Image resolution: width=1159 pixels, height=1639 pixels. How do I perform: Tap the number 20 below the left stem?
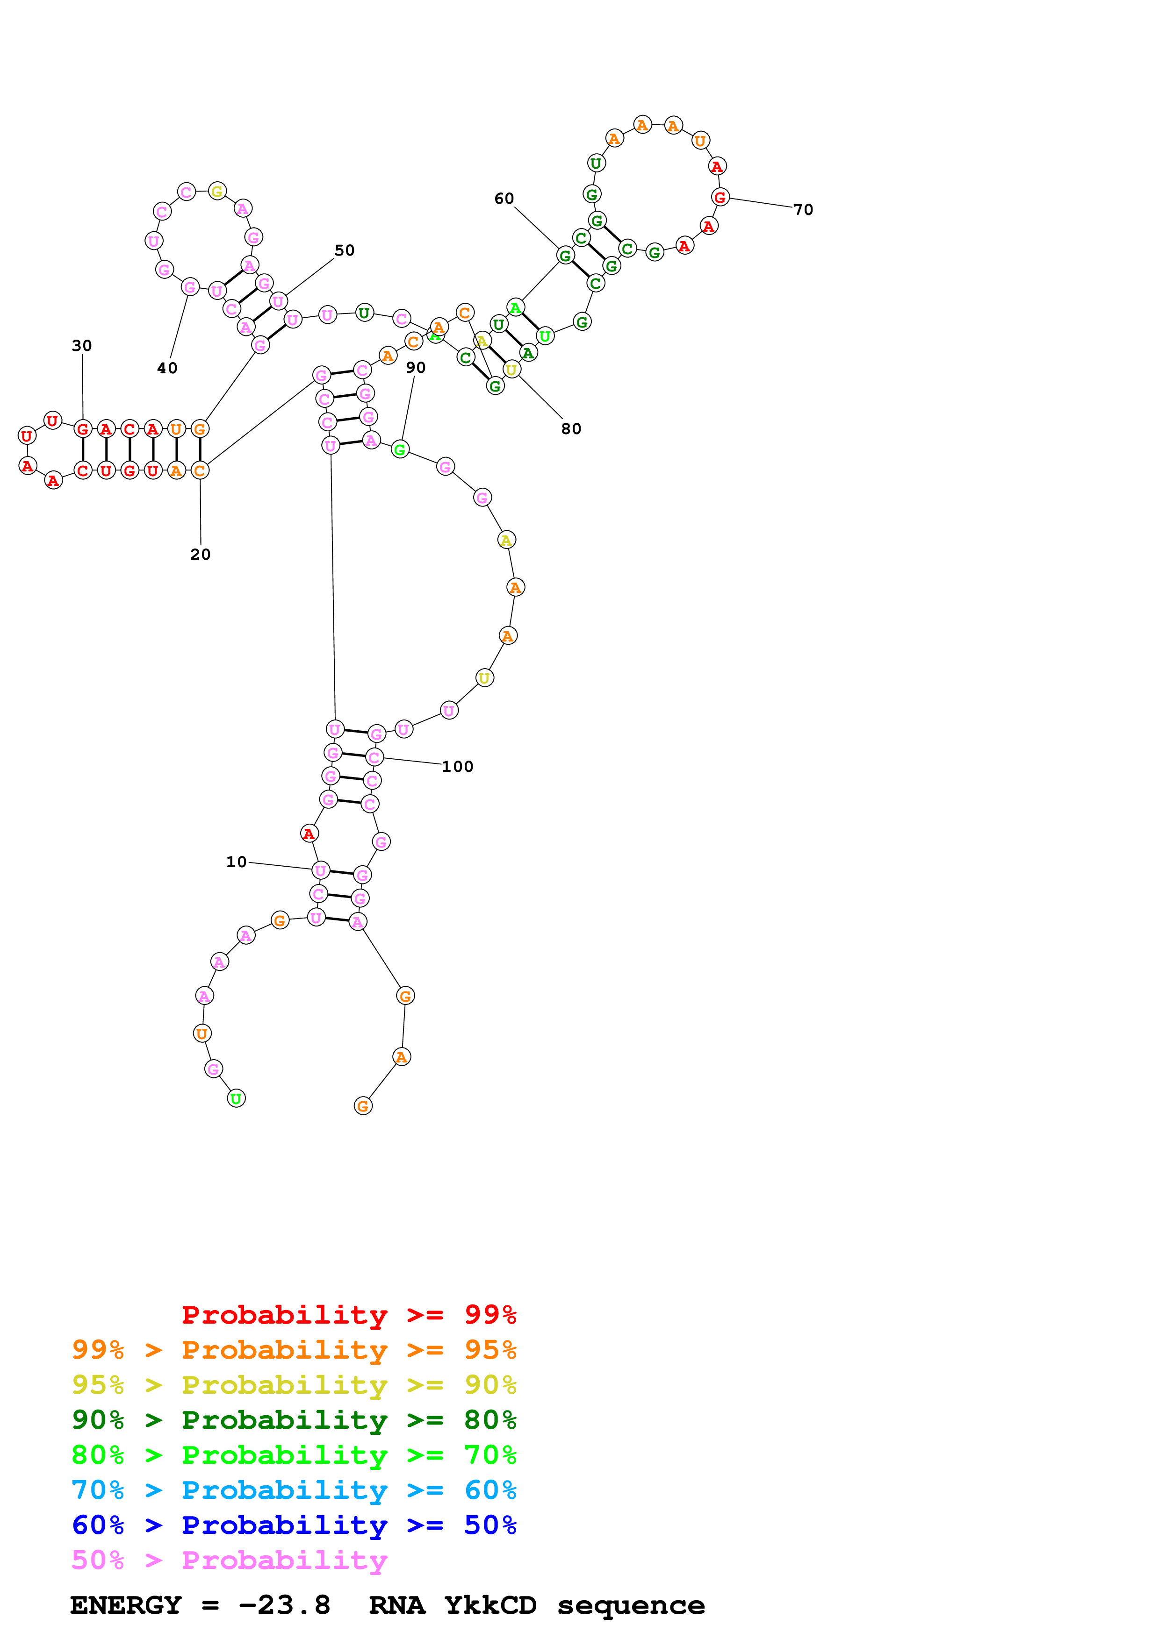point(200,555)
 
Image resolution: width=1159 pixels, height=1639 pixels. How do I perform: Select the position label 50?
point(344,250)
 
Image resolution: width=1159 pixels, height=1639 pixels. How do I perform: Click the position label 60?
point(504,199)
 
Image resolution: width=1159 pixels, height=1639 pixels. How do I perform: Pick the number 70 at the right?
point(803,210)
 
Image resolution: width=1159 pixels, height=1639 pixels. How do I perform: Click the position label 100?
point(457,767)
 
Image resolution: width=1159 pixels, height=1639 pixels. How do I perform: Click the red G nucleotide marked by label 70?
point(720,197)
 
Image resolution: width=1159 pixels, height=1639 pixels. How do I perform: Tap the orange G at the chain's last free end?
point(363,1106)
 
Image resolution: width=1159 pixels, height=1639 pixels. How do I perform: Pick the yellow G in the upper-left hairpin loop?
point(217,191)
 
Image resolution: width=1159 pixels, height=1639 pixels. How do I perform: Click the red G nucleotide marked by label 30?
point(83,429)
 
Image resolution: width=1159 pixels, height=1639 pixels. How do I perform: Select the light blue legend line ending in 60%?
point(294,1490)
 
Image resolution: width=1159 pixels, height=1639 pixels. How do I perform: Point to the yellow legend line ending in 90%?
point(294,1385)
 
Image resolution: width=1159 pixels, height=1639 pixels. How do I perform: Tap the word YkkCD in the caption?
point(490,1605)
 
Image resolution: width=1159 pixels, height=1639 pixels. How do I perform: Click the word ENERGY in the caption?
point(126,1605)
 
